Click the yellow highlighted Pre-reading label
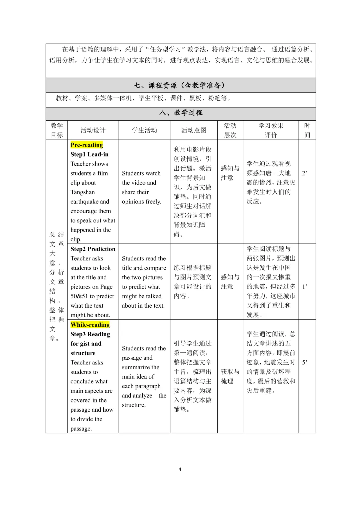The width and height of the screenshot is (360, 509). (87, 145)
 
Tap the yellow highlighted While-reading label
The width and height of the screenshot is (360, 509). (90, 325)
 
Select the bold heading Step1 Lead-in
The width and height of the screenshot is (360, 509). (89, 154)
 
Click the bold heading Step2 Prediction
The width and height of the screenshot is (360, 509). (93, 249)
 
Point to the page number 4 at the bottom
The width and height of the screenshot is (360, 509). (180, 469)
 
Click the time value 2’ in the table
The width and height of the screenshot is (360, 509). (305, 173)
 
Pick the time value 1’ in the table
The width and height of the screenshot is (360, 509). (305, 286)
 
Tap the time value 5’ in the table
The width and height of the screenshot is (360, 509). (305, 362)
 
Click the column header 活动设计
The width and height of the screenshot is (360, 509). (93, 130)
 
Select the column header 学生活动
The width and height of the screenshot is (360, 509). (144, 130)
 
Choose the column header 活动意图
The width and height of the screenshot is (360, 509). (194, 130)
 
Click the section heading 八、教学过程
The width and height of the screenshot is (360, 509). (181, 113)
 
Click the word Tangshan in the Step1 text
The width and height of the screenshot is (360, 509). (83, 192)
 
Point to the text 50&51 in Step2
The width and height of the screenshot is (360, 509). (79, 296)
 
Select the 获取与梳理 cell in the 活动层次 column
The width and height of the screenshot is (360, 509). (230, 376)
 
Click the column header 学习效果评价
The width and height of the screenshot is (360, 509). (271, 130)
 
